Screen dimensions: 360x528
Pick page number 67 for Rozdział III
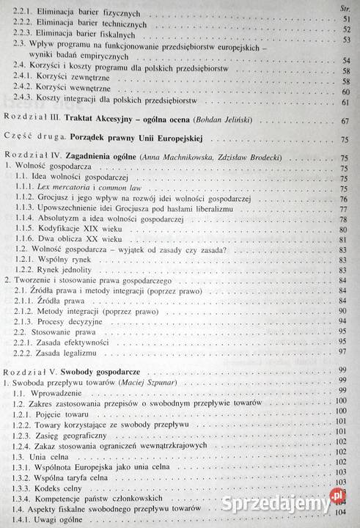345,120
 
